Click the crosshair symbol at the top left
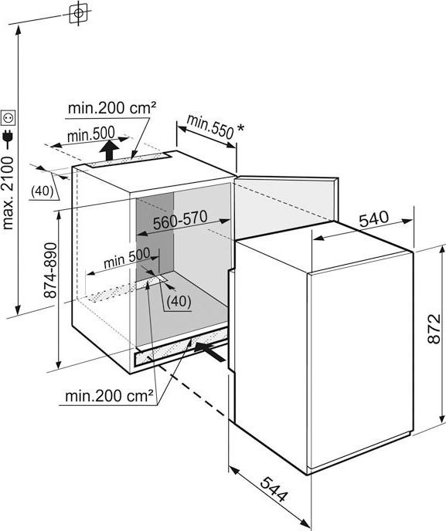tap(78, 13)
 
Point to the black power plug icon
tap(8, 136)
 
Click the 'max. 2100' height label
tap(8, 193)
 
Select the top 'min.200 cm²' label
tap(112, 108)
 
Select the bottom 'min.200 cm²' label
tap(109, 395)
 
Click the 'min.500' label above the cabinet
tap(91, 134)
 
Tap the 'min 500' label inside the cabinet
tap(127, 257)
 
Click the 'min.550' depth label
tap(210, 127)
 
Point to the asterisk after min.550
tap(240, 128)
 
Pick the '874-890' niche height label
tap(51, 270)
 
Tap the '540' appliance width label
tap(374, 218)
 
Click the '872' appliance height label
tap(434, 329)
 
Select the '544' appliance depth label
tap(274, 489)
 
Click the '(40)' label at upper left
tap(42, 191)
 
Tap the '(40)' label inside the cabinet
tap(179, 301)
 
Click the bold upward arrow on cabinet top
tap(109, 150)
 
